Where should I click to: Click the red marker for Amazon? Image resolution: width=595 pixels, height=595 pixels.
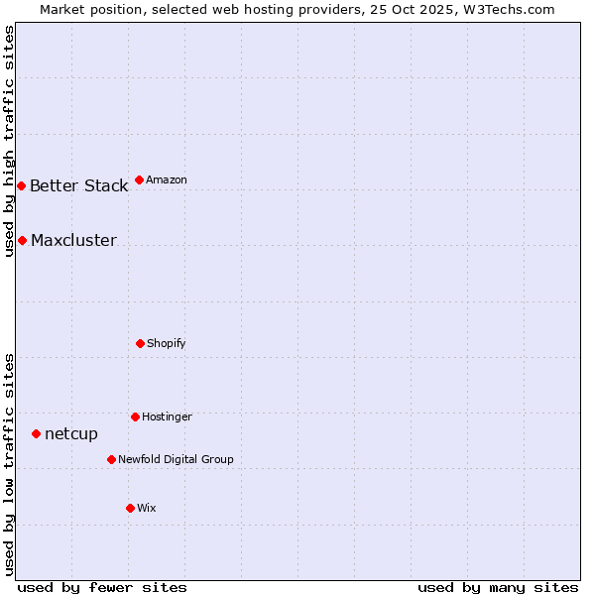[139, 179]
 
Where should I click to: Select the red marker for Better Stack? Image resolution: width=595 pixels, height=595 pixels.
[21, 185]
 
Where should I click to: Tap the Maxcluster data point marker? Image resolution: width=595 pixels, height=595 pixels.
[22, 240]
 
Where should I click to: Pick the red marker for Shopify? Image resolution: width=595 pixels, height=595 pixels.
[140, 343]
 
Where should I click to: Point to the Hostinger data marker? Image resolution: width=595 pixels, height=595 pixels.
[135, 416]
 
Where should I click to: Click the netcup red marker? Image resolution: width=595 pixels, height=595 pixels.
[36, 433]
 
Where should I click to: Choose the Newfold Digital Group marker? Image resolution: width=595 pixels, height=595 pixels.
[111, 459]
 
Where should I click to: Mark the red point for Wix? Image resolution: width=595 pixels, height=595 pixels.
[130, 508]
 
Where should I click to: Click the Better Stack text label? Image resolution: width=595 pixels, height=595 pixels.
[78, 186]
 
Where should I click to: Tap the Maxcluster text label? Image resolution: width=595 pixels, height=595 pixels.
[73, 241]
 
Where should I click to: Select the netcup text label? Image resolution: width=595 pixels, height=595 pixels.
[71, 434]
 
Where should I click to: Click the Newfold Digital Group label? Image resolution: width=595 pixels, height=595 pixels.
[176, 459]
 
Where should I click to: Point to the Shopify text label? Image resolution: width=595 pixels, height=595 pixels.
[167, 343]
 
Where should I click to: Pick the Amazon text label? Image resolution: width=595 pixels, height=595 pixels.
[167, 179]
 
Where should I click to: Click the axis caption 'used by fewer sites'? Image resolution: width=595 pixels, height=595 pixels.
[102, 587]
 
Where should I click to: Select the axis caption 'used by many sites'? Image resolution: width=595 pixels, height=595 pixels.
[498, 587]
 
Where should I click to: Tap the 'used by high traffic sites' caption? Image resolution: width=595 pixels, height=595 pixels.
[9, 141]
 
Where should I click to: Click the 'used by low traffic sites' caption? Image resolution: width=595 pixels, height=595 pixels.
[9, 464]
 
